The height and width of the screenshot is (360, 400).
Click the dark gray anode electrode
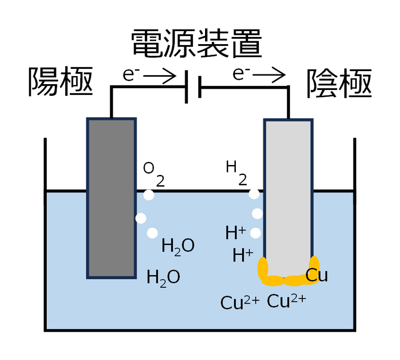(x=111, y=198)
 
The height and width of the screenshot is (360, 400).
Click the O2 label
(x=153, y=173)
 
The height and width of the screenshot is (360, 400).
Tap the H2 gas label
(x=236, y=172)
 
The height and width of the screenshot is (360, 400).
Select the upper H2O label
(x=178, y=246)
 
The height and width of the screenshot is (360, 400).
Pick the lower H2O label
(x=163, y=277)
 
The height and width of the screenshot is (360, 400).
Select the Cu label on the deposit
(x=316, y=276)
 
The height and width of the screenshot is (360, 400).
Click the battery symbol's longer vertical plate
(x=186, y=87)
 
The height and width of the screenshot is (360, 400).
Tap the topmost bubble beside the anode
(x=148, y=195)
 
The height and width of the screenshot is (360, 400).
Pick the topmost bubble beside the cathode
(x=254, y=194)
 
